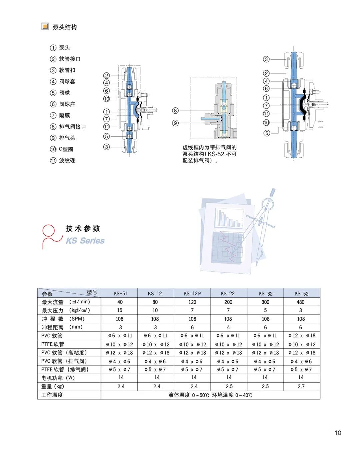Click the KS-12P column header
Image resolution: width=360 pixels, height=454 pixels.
(x=192, y=294)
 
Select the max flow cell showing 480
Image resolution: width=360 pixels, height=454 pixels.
(x=300, y=302)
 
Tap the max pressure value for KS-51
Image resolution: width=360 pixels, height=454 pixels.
(x=120, y=310)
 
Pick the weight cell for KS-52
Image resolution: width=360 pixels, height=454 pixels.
(x=301, y=386)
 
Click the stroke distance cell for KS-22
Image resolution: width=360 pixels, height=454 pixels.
(x=228, y=327)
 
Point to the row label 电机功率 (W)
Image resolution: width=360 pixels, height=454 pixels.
(x=58, y=378)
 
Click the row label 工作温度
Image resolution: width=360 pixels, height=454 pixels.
(x=52, y=395)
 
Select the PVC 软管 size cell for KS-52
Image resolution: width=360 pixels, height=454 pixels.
(x=302, y=336)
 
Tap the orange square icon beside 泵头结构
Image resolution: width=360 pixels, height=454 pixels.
(x=45, y=26)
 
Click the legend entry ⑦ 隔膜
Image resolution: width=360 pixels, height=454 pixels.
(x=60, y=115)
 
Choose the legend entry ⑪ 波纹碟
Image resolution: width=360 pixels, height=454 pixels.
(x=63, y=161)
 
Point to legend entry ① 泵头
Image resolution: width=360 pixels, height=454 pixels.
(x=60, y=48)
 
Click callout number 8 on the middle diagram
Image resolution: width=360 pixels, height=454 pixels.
(x=175, y=111)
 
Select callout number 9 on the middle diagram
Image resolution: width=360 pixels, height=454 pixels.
(x=175, y=123)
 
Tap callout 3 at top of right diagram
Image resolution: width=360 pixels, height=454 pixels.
(x=266, y=59)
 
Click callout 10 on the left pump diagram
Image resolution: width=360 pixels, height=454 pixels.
(x=106, y=99)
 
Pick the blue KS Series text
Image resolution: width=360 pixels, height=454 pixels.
(x=85, y=241)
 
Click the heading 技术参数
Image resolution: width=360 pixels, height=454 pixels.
(x=83, y=228)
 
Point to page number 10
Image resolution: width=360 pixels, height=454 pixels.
(x=338, y=433)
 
